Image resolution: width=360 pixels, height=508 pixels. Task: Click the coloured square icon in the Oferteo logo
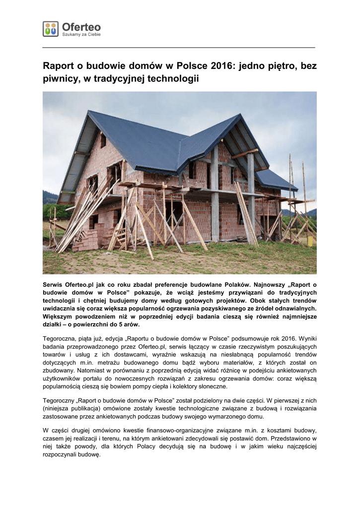[x=50, y=29]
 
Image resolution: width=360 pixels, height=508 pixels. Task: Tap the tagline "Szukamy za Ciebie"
[x=81, y=35]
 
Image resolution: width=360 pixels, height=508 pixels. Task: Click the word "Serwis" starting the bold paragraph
[x=54, y=285]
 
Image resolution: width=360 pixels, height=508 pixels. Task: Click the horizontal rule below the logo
[x=179, y=48]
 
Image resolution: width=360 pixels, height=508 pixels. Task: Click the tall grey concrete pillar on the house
[x=215, y=198]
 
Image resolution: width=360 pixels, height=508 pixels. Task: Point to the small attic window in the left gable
[x=103, y=141]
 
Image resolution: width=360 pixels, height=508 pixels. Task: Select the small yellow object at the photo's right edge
[x=310, y=241]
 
